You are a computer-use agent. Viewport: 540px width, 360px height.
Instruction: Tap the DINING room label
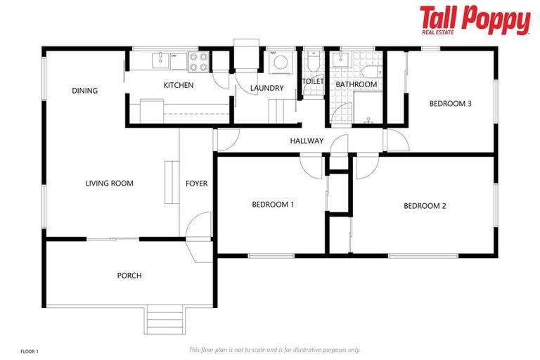84,91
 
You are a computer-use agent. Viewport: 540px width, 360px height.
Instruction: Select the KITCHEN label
178,86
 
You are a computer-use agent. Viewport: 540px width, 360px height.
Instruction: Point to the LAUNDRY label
267,89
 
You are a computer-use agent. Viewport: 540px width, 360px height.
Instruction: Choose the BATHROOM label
356,84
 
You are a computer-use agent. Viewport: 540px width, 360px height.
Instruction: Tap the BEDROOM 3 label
450,104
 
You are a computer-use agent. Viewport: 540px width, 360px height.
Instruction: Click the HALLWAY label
307,141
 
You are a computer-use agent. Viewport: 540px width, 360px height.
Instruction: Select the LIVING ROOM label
109,184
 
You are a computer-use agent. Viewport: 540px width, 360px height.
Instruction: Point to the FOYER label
196,184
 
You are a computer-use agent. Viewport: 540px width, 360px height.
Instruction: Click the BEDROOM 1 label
273,205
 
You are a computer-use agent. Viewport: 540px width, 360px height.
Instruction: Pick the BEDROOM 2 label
425,206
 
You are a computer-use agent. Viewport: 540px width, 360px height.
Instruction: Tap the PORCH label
129,276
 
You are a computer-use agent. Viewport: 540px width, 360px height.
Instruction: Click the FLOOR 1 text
30,349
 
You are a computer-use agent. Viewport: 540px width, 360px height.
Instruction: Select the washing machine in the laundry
279,63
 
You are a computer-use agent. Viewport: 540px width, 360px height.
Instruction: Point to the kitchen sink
161,60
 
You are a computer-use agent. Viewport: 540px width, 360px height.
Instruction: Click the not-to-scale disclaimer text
274,349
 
